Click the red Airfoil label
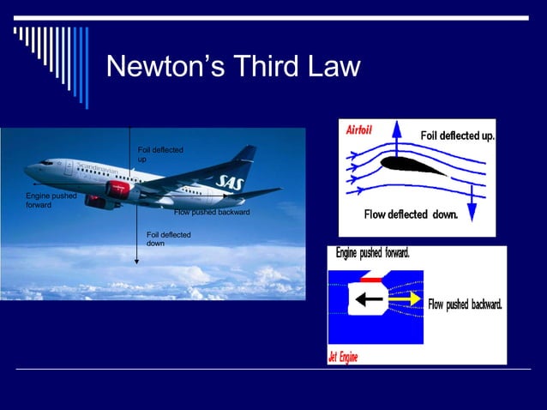[359, 130]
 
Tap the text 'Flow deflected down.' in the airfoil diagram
[411, 214]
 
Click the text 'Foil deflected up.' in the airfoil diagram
[457, 136]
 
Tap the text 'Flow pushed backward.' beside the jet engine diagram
[465, 304]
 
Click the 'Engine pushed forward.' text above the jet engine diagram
[372, 254]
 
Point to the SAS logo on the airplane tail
[231, 181]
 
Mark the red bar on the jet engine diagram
[373, 279]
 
